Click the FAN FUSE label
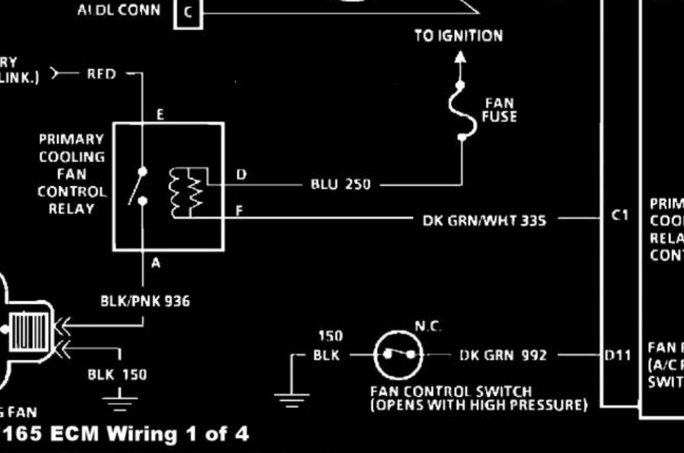499,110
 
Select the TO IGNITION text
458,36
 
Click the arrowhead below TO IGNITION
461,57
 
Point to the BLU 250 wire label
340,185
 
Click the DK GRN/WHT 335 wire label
484,221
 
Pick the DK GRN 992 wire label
503,355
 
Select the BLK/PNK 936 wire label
145,302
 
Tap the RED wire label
102,74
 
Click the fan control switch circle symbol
398,354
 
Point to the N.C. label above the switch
428,327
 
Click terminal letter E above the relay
160,115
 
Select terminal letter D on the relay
241,175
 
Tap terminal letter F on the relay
239,211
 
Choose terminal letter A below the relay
156,264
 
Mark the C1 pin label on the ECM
620,216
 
